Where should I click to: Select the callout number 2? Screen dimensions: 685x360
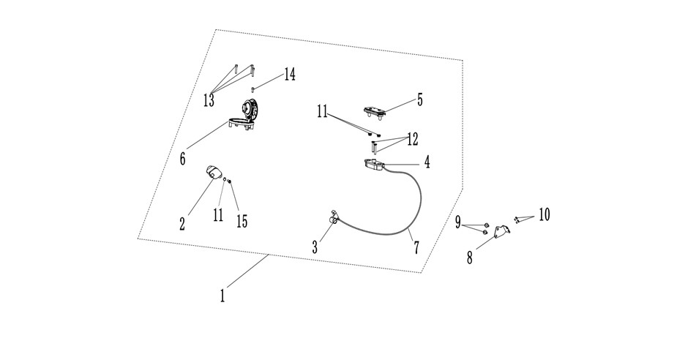[x=182, y=224]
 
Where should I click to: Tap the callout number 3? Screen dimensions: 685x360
[x=315, y=247]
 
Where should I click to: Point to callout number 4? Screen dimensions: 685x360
[x=427, y=162]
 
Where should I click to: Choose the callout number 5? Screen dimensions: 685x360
[x=420, y=100]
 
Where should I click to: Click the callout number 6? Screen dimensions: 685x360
[x=183, y=159]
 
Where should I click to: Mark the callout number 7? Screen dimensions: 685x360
[x=416, y=248]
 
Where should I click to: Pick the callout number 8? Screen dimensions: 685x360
[x=470, y=258]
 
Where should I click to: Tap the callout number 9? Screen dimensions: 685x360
[x=458, y=222]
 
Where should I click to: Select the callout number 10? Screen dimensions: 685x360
[x=544, y=214]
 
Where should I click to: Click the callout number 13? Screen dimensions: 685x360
[x=209, y=100]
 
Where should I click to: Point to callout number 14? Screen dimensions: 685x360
[x=289, y=75]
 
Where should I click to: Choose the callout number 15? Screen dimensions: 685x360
[x=242, y=222]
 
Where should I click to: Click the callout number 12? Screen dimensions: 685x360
[x=413, y=140]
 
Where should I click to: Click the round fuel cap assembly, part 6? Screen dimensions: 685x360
[x=245, y=116]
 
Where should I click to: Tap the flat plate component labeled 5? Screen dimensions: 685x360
[x=375, y=112]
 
